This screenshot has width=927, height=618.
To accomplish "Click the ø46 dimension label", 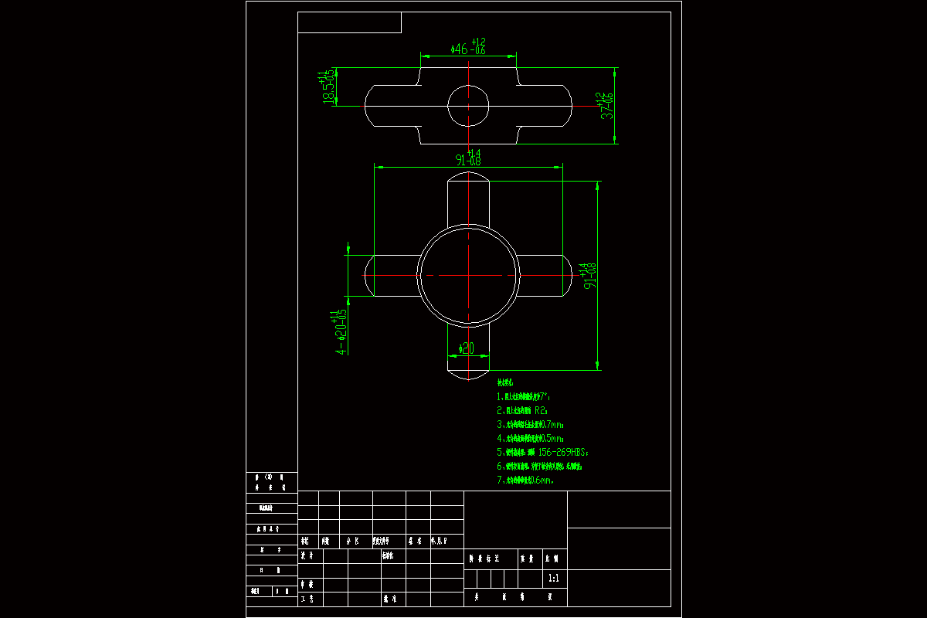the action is click(x=467, y=48).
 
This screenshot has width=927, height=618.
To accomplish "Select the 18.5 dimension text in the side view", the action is click(x=329, y=88).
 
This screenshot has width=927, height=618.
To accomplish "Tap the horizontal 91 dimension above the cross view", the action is click(x=468, y=158).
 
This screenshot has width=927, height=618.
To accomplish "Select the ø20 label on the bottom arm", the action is click(x=467, y=348).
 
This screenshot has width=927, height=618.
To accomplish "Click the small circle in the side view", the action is click(x=468, y=106).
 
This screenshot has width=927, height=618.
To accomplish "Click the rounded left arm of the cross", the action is click(x=390, y=276).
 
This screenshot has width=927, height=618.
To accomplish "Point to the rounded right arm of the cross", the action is click(x=546, y=276).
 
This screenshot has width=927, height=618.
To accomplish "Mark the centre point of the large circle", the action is click(x=468, y=275).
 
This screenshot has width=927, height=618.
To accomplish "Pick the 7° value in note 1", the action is click(x=545, y=396).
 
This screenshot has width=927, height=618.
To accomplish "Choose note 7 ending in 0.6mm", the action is click(x=525, y=480).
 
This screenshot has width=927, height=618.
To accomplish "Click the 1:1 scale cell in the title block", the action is click(x=553, y=578).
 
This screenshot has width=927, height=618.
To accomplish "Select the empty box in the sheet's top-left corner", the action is click(x=349, y=22).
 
